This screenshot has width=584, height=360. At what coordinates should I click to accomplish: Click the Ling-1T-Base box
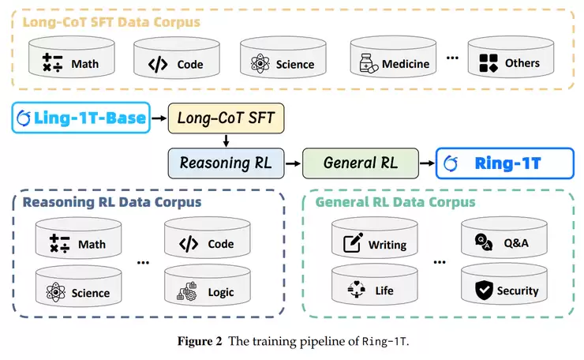81,118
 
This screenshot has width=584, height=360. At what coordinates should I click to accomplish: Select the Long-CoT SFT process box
226,119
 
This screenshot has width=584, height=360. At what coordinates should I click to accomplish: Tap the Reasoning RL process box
226,163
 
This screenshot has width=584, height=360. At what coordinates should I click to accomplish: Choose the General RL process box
360,163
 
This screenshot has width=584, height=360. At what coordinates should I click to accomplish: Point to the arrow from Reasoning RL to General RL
294,163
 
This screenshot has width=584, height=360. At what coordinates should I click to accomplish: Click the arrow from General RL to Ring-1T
427,163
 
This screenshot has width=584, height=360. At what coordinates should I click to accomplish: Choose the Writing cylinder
376,242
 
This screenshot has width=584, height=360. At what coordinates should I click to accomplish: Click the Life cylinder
376,290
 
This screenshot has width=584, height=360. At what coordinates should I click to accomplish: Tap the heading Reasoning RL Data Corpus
112,203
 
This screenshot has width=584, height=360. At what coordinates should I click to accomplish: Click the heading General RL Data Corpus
395,203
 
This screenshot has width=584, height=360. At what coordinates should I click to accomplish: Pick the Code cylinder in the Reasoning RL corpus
211,242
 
